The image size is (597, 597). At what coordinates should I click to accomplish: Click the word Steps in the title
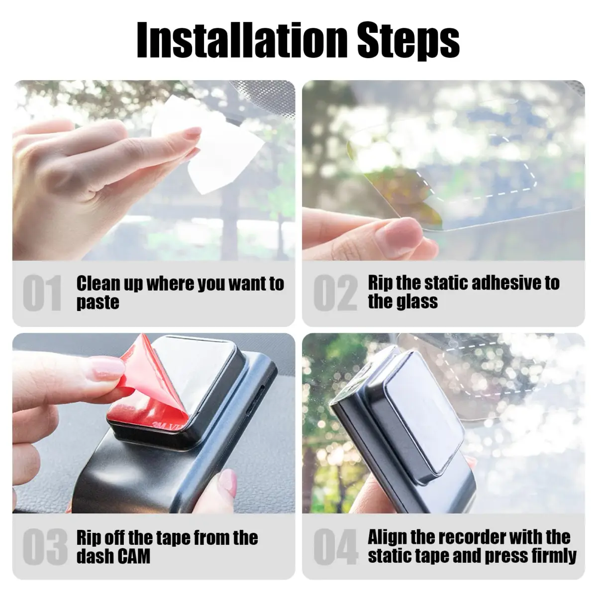(408, 42)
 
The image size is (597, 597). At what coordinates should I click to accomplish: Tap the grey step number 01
(42, 293)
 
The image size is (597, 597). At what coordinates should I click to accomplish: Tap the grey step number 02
(335, 293)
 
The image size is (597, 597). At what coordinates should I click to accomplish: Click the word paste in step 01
(98, 302)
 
